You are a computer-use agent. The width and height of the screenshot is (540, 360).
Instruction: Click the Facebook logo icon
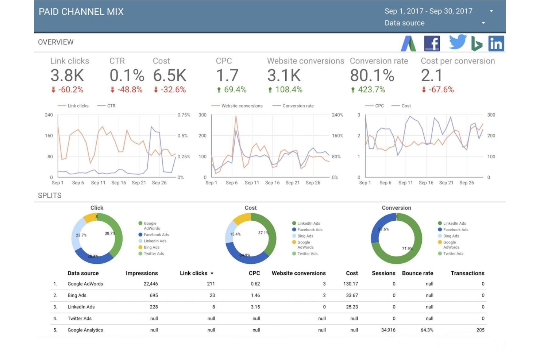click(x=432, y=43)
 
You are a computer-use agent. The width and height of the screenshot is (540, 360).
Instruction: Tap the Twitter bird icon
click(x=458, y=42)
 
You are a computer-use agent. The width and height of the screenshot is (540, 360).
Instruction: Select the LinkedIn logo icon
click(x=496, y=43)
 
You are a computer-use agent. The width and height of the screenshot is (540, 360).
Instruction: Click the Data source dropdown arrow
click(x=483, y=23)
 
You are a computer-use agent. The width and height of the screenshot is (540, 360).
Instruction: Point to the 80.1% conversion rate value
click(x=372, y=75)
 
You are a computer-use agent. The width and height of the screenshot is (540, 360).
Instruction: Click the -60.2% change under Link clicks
click(x=67, y=90)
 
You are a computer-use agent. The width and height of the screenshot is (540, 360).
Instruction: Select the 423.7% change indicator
click(x=368, y=90)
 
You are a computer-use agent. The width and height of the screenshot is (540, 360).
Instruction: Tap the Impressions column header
click(x=142, y=273)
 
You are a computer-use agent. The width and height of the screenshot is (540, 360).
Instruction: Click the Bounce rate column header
click(x=417, y=273)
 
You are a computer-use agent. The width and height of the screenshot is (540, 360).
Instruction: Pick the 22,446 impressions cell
click(x=151, y=284)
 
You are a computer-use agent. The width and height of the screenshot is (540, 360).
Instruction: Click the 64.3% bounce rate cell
click(x=427, y=330)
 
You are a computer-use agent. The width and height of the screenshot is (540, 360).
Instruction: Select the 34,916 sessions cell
click(x=388, y=330)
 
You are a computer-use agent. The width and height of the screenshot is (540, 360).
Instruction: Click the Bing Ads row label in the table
click(x=77, y=295)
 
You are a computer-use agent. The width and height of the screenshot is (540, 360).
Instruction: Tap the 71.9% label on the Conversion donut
click(x=407, y=249)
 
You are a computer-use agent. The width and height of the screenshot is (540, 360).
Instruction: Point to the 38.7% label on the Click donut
click(x=110, y=233)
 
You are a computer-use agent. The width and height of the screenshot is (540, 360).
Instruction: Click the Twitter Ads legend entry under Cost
click(x=305, y=253)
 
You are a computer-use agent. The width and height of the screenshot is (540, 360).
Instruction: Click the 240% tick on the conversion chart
click(x=337, y=115)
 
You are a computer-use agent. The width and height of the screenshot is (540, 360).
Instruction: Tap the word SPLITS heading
click(x=50, y=196)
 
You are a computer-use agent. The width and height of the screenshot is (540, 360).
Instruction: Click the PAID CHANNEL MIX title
click(x=81, y=12)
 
